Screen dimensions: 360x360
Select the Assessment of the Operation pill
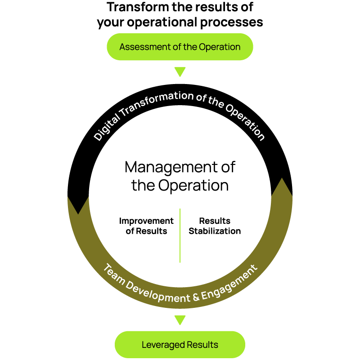(x=180, y=47)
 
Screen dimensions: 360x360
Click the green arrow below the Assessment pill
(x=180, y=72)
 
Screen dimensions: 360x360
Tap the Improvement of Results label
(x=146, y=226)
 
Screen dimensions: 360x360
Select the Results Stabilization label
(x=215, y=226)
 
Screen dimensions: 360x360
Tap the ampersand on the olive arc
(x=194, y=297)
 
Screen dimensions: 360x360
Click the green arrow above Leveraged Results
(x=180, y=320)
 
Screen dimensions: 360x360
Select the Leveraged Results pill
(x=180, y=345)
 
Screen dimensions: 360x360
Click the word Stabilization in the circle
(x=215, y=231)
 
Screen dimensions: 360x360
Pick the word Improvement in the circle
(x=146, y=221)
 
